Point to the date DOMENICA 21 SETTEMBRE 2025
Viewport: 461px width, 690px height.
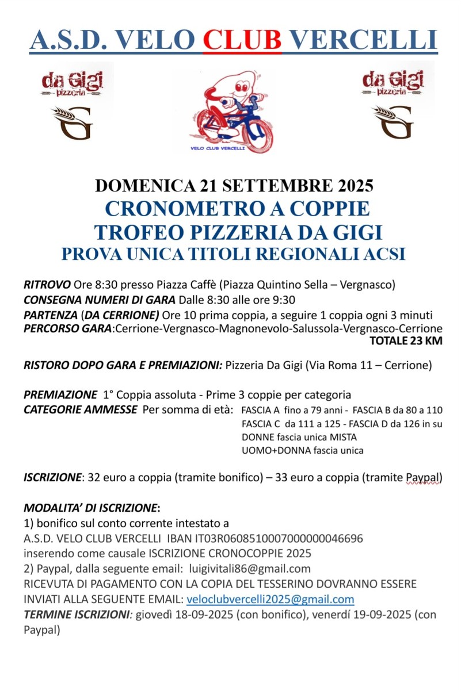[234, 186]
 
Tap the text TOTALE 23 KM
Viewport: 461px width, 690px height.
[406, 341]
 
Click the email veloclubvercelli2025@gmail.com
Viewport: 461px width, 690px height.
[270, 599]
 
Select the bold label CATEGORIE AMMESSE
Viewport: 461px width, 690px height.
[80, 409]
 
